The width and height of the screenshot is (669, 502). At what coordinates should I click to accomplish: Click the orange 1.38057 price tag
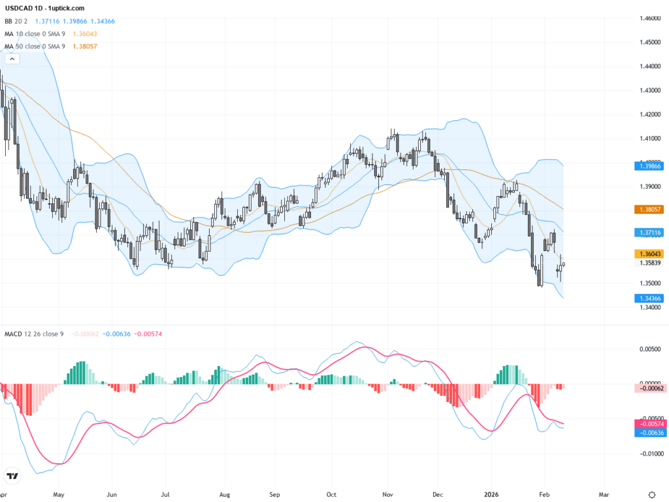coord(650,209)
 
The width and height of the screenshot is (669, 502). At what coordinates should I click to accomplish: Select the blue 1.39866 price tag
coord(650,166)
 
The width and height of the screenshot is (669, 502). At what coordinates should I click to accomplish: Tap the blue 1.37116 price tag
coord(650,232)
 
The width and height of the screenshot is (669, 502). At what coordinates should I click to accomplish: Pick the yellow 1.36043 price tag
coord(650,254)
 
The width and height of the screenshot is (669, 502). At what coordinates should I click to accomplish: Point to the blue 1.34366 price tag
coord(650,298)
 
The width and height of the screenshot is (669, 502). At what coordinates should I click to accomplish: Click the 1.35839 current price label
coord(650,263)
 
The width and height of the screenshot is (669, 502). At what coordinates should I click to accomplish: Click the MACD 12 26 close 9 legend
coord(34,334)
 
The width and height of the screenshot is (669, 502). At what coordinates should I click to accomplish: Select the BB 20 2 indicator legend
coord(18,21)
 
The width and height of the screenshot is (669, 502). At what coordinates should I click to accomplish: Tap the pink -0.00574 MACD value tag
coord(650,424)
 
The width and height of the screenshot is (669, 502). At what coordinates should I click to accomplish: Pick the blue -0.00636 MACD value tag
coord(650,433)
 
